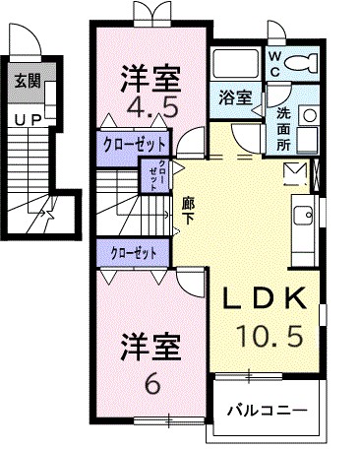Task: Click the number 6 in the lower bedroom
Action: click(150, 382)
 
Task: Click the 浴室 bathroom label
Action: click(232, 98)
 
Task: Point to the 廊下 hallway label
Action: click(188, 211)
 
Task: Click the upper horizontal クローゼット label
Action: click(135, 146)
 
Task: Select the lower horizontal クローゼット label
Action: click(135, 253)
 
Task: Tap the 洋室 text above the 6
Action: click(150, 349)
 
